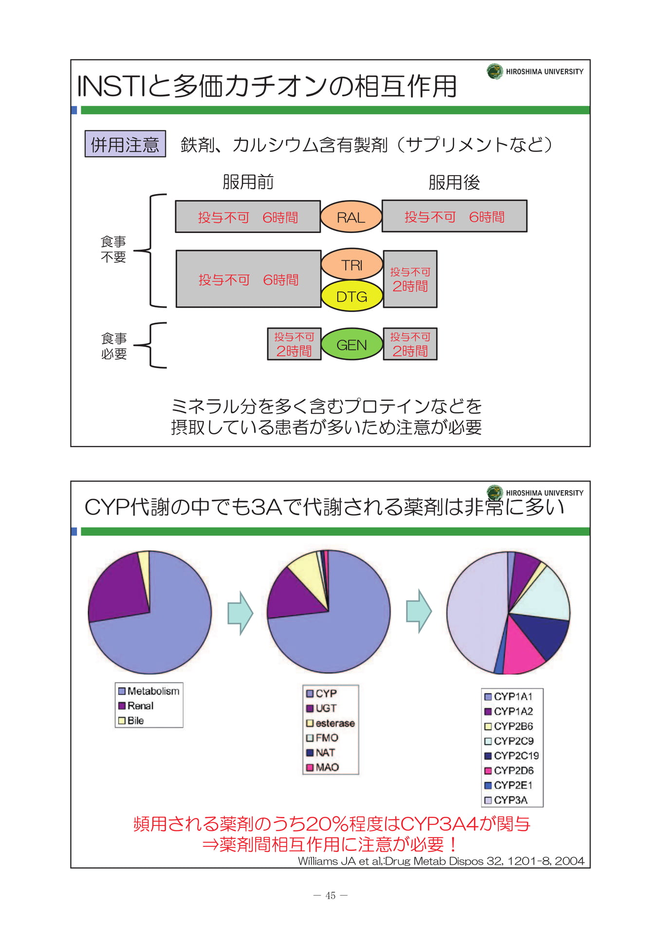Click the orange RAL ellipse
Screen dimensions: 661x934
(x=351, y=216)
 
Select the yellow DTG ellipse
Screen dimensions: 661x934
(x=352, y=296)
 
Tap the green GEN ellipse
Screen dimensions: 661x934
(x=351, y=344)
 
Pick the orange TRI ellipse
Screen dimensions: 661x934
(x=352, y=265)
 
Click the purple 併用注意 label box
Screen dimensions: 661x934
(x=125, y=144)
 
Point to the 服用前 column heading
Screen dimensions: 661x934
(x=248, y=182)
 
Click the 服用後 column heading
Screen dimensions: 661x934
(x=454, y=182)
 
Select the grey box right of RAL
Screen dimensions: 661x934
(x=454, y=216)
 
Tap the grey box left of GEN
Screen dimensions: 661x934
(x=294, y=344)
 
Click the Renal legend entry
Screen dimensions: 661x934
(x=136, y=705)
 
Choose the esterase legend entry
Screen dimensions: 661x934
(x=330, y=723)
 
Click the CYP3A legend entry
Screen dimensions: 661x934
(x=506, y=800)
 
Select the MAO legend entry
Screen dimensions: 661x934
(x=322, y=768)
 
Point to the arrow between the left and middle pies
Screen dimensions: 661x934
(x=240, y=613)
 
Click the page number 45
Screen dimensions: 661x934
(x=330, y=896)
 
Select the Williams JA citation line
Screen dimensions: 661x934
(x=441, y=861)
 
